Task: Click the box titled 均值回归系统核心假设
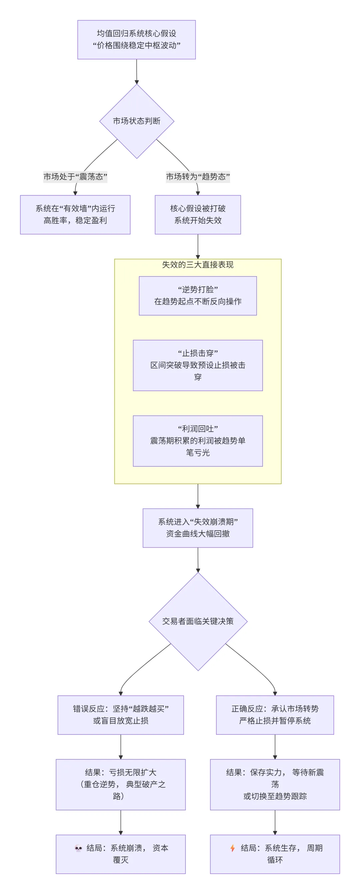136,40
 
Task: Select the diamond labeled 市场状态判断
136,121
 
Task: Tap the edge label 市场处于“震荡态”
75,177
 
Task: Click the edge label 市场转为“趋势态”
198,177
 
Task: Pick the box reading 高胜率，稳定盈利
75,215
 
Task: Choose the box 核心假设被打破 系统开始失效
198,215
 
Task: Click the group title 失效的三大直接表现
198,265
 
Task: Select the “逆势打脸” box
198,296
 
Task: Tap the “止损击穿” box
198,365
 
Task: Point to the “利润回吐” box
198,441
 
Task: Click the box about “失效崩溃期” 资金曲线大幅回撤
198,528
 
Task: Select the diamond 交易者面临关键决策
198,621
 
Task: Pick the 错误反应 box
120,715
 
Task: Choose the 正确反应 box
275,715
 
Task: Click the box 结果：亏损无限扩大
120,784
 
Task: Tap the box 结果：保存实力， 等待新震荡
275,784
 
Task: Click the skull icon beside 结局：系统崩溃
78,848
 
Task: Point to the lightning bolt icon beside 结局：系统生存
233,848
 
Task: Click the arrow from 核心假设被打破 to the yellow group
198,246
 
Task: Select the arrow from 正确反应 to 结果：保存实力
275,746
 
